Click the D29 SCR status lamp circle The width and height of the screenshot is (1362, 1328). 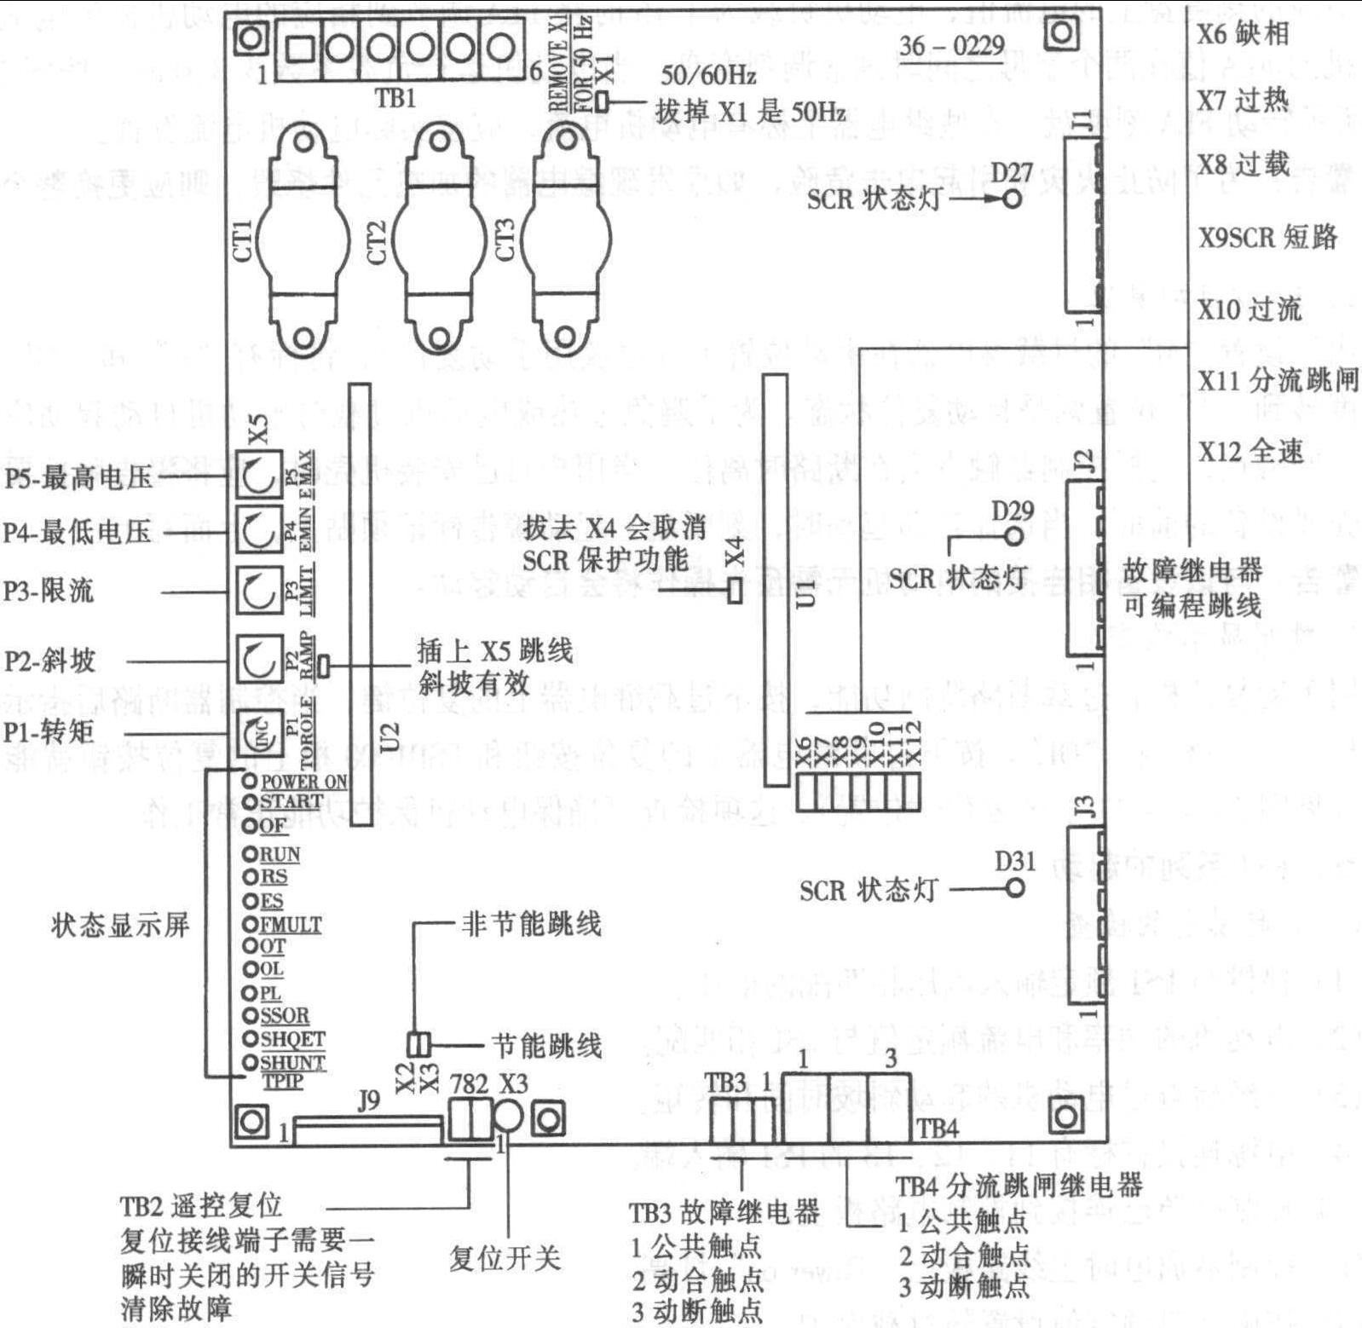coord(1013,536)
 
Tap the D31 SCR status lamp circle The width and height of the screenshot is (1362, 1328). coord(1014,887)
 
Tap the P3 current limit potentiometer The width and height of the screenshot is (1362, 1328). coord(258,591)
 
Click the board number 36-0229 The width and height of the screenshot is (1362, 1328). coord(952,45)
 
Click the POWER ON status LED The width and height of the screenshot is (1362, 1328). coord(250,780)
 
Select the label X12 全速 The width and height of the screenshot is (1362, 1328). coord(1251,451)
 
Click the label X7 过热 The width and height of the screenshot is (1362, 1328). coord(1244,101)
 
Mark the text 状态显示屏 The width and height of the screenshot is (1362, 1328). coord(119,925)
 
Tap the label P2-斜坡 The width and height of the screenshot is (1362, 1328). coord(49,661)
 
